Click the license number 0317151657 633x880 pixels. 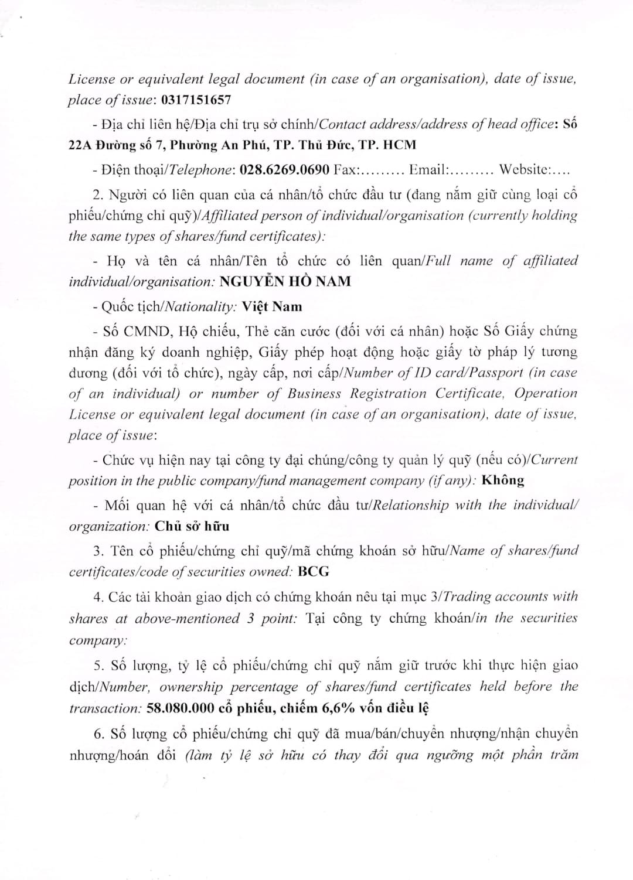(195, 100)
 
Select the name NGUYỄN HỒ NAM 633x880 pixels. (285, 282)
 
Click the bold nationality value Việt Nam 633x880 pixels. (272, 306)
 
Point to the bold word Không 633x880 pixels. (502, 480)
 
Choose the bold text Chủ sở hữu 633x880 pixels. (192, 526)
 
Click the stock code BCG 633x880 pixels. (314, 571)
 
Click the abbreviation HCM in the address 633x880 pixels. (399, 145)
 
